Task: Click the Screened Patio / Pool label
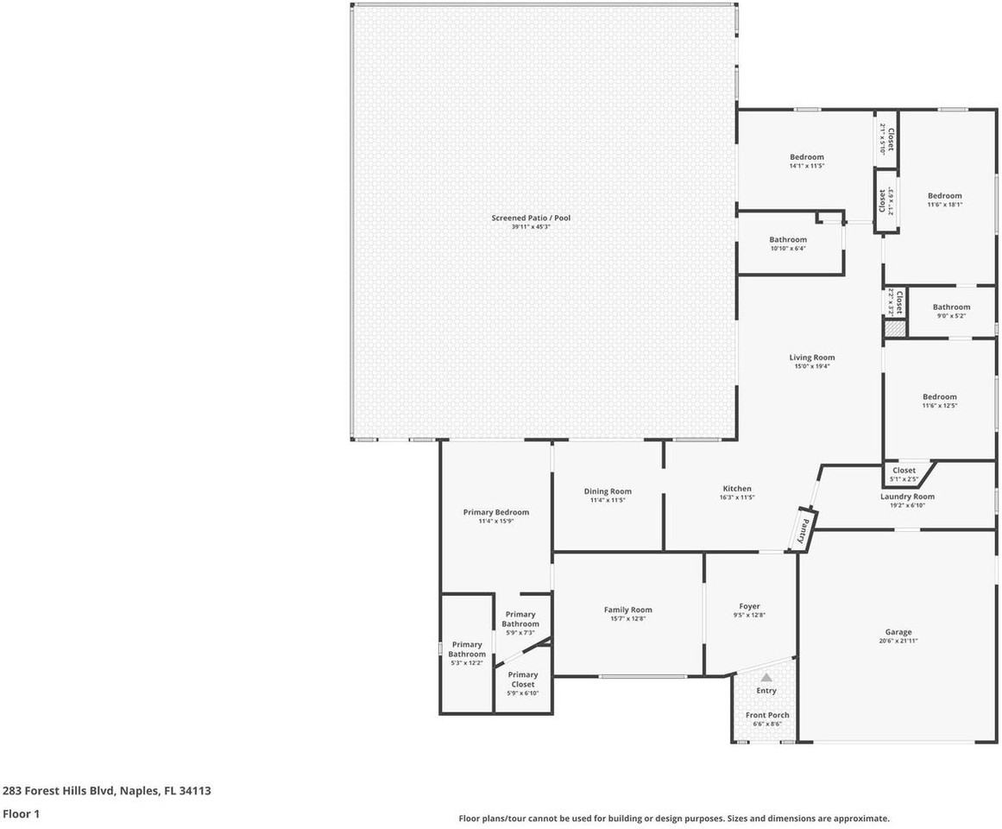click(x=531, y=218)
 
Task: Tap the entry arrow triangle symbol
click(x=766, y=678)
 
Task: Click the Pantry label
click(x=804, y=528)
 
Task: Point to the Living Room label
click(x=811, y=358)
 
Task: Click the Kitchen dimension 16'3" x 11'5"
click(x=736, y=497)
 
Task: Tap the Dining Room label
click(x=608, y=491)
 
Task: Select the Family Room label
click(x=627, y=610)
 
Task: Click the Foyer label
click(x=749, y=606)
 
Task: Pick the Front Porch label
click(x=766, y=715)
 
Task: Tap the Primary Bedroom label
click(x=495, y=512)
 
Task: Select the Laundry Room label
click(x=906, y=497)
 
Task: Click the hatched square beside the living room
click(x=894, y=328)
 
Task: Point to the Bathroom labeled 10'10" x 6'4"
click(x=787, y=240)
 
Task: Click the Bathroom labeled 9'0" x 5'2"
click(x=950, y=307)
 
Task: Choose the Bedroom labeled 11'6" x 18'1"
click(x=944, y=196)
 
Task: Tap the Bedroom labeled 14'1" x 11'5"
click(x=806, y=157)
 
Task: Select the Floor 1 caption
click(x=21, y=813)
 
